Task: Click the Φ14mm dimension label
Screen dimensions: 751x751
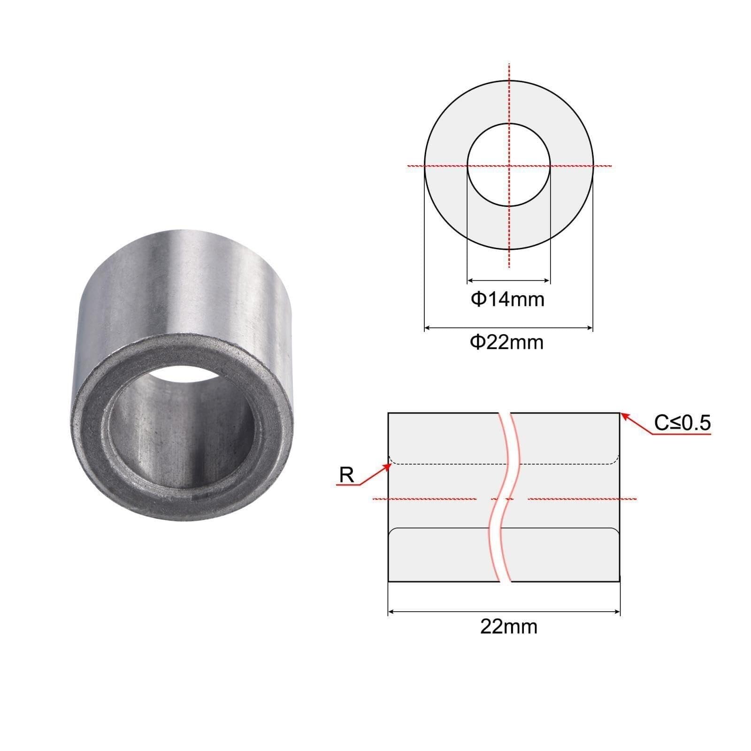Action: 507,299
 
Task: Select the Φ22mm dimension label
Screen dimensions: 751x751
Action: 507,342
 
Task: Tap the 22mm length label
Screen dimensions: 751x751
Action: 508,627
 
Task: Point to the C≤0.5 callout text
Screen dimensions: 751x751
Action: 682,423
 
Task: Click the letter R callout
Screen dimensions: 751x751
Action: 346,475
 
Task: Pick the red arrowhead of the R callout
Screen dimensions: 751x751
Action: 388,465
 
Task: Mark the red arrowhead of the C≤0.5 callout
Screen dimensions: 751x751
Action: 625,416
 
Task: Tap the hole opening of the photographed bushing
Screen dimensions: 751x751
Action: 181,408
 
